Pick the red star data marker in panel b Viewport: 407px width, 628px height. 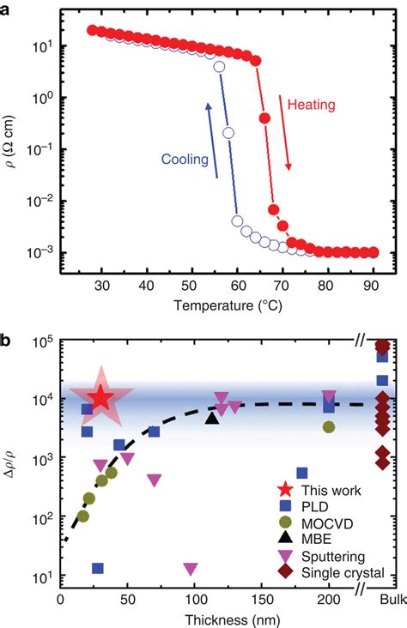pos(101,397)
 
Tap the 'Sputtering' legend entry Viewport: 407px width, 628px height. pos(319,556)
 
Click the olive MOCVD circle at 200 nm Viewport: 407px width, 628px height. pos(329,426)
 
